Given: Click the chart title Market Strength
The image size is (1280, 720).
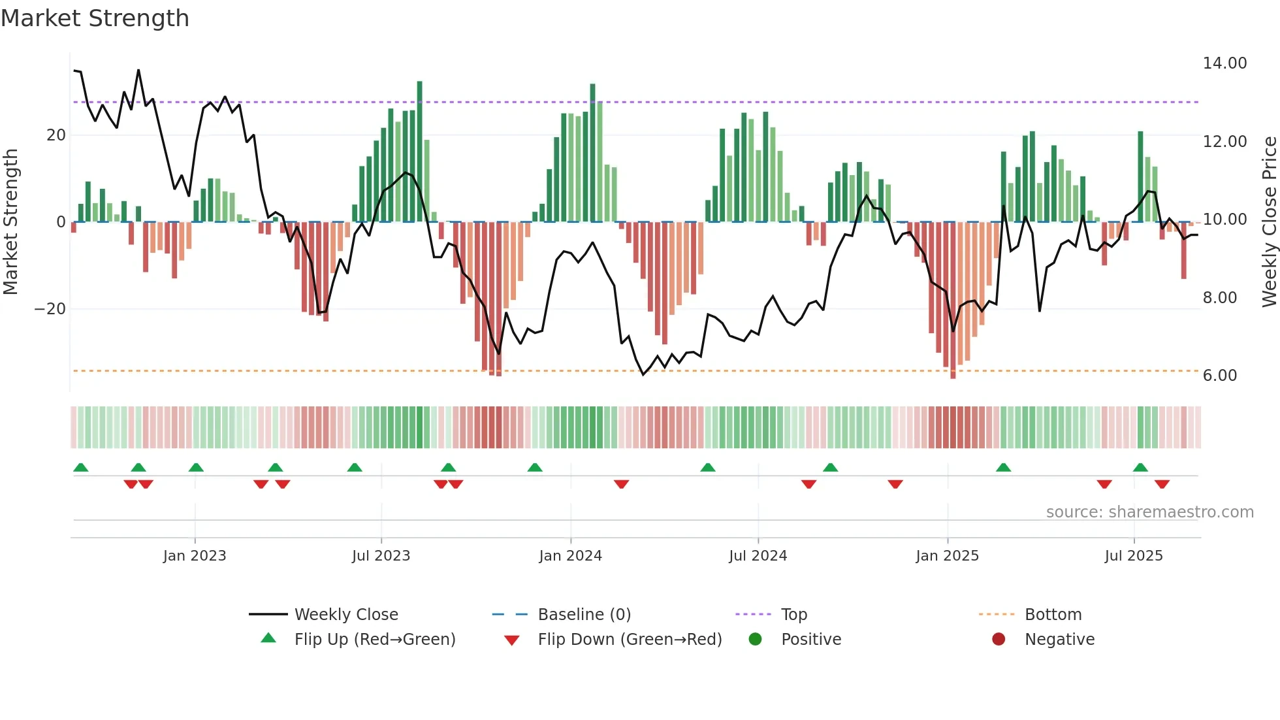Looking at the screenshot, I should click(x=95, y=18).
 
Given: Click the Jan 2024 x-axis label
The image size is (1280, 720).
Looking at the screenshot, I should click(x=570, y=556).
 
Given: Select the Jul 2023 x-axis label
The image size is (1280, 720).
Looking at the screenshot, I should click(x=381, y=556).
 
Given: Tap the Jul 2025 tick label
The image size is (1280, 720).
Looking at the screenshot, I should click(x=1134, y=556).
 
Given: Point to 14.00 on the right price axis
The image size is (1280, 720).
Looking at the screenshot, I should click(x=1224, y=63).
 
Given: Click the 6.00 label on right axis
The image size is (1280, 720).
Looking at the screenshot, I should click(x=1219, y=376).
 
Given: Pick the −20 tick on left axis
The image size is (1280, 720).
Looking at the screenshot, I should click(x=50, y=309).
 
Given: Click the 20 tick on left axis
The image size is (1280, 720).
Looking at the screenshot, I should click(x=56, y=135).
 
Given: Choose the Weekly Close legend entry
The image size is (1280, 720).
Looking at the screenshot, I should click(x=345, y=615).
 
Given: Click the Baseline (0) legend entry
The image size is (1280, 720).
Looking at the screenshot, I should click(x=584, y=615).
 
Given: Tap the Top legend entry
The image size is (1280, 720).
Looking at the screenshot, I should click(x=793, y=615).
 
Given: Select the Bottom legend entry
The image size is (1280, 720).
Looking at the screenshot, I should click(x=1053, y=615).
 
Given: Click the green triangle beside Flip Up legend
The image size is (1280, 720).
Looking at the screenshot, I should click(x=268, y=638).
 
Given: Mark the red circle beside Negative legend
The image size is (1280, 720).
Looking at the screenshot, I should click(x=999, y=639).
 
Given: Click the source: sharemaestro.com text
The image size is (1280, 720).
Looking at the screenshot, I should click(x=1149, y=512).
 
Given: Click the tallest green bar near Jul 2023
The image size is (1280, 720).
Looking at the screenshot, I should click(x=419, y=150).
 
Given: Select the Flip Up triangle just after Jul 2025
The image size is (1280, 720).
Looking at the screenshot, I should click(x=1140, y=467).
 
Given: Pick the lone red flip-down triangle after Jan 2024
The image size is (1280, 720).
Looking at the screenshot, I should click(x=621, y=484).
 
